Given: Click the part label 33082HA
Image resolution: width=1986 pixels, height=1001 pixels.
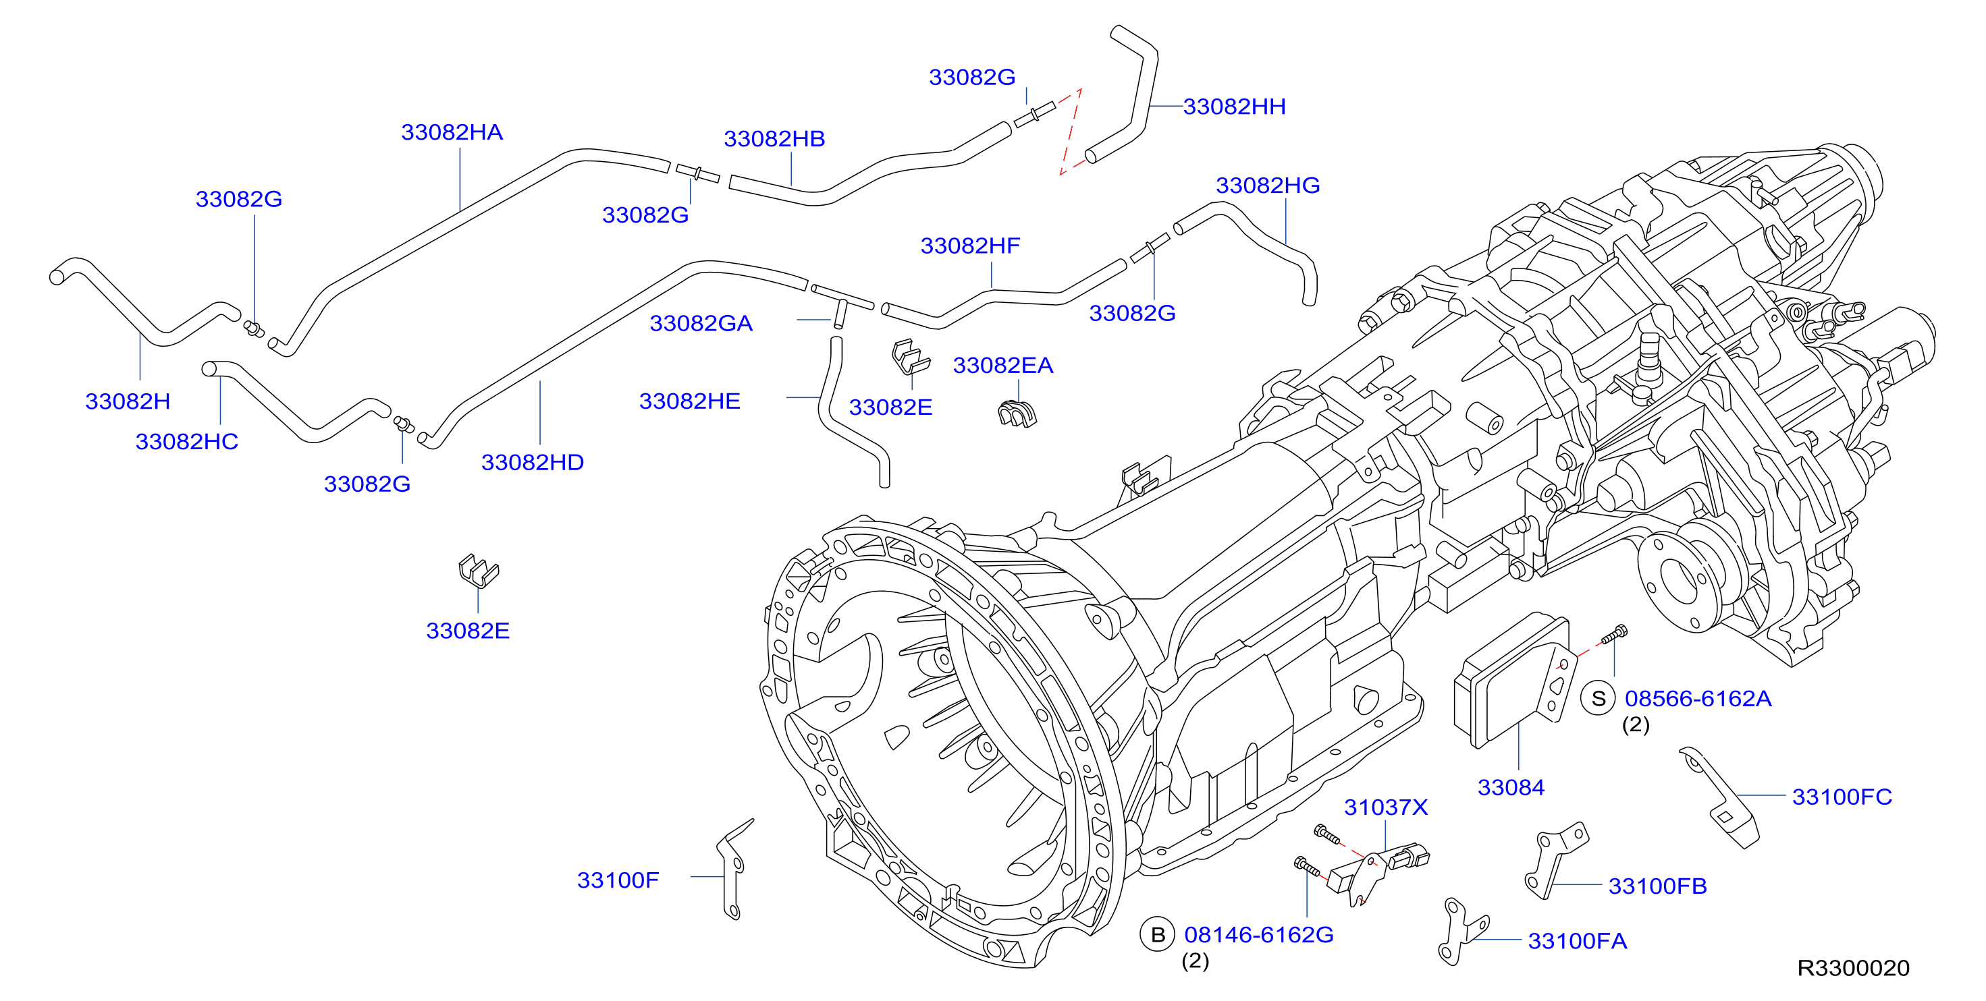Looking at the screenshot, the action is point(452,132).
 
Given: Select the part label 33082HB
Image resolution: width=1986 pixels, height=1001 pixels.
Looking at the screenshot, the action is point(774,139).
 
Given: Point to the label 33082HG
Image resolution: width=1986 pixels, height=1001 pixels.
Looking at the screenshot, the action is point(1268,185).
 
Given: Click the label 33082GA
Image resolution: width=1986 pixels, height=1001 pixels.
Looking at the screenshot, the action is point(701,323).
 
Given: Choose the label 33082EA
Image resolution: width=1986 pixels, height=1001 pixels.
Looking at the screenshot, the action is point(1002,366).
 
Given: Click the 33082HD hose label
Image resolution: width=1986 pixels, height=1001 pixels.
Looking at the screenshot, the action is point(533,462).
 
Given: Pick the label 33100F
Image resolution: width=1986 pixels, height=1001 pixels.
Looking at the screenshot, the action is point(618,880).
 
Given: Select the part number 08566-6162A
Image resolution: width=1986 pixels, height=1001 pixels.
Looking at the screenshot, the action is point(1698,698).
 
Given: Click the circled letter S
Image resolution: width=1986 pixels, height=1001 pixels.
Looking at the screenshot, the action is point(1599,698).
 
